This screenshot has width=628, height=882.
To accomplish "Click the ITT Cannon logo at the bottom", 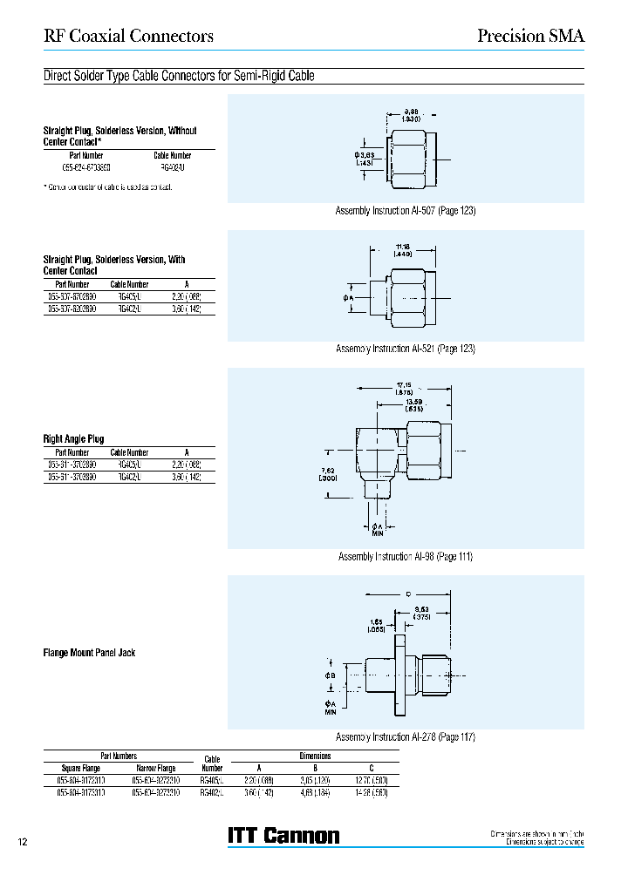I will [x=283, y=836].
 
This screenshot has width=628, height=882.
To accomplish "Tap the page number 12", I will [x=24, y=842].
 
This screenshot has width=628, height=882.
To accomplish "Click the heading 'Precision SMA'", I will [x=530, y=36].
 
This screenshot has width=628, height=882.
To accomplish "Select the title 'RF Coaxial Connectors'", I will [x=128, y=36].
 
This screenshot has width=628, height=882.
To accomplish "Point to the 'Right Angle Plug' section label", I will [x=73, y=439].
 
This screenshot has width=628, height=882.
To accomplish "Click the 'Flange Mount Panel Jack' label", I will [x=89, y=653].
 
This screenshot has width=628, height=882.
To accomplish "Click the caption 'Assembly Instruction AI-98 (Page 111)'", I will [x=405, y=556].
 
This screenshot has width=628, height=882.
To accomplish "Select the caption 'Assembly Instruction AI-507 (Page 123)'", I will [x=406, y=211].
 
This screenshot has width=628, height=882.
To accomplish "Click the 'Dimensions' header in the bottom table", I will [x=315, y=756].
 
